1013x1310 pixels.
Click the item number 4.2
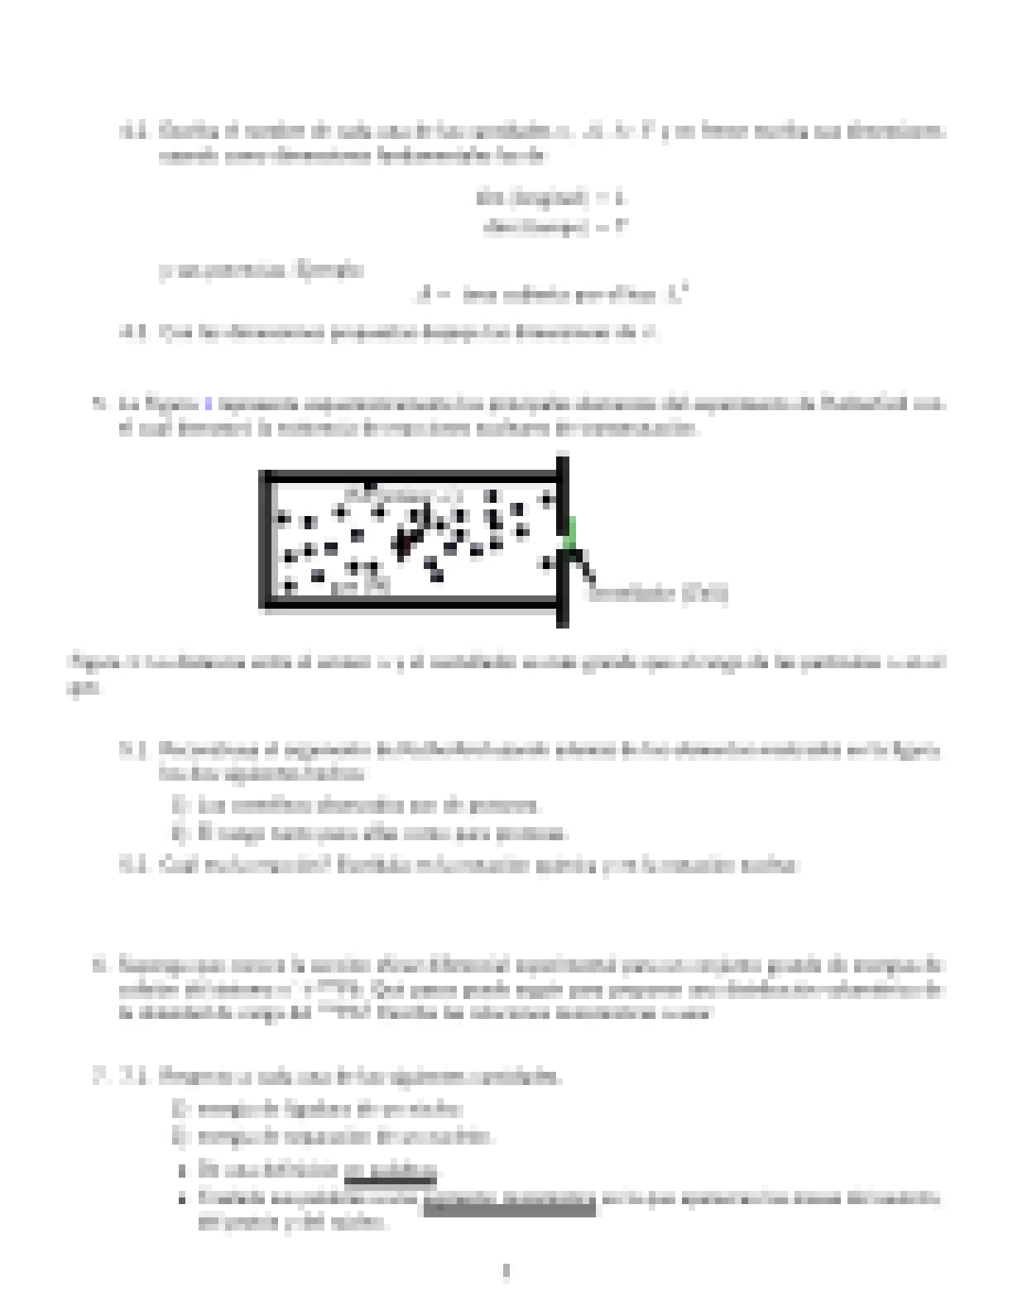134,131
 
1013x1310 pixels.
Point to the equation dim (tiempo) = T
555,227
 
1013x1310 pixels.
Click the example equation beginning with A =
553,294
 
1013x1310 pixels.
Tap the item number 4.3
134,333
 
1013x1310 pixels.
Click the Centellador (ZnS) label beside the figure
657,593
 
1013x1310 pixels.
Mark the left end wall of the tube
266,539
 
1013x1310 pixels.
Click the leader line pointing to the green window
584,566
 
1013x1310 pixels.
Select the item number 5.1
134,750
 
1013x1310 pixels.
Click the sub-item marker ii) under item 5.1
180,832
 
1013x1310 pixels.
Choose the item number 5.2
134,865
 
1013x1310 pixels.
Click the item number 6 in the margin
99,965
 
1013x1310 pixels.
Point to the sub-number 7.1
134,1077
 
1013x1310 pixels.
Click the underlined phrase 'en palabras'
390,1170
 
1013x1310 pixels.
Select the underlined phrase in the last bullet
509,1198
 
